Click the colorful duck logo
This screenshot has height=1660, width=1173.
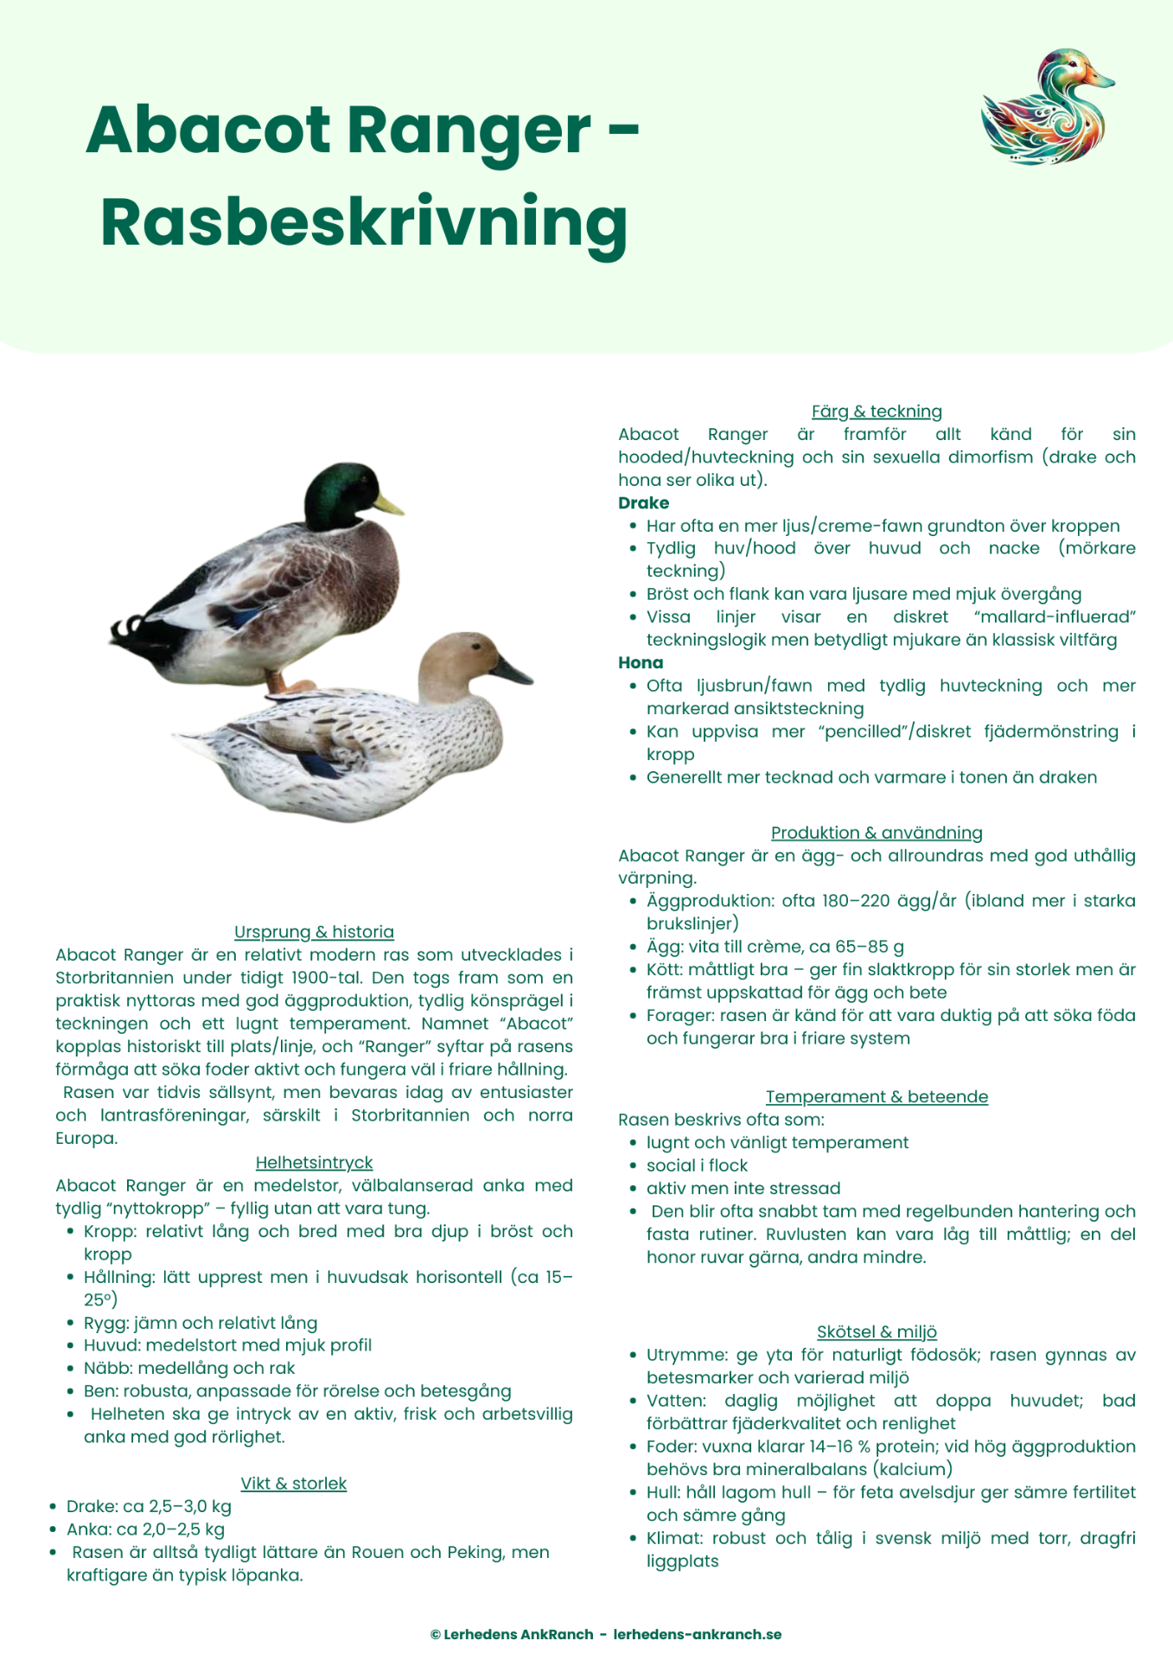click(1047, 107)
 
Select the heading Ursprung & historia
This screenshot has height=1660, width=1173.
click(314, 932)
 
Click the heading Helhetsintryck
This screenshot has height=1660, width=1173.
click(314, 1163)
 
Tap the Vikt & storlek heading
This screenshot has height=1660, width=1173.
click(293, 1484)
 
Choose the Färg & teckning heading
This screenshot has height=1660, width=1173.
click(877, 412)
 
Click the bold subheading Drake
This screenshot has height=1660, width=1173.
click(643, 503)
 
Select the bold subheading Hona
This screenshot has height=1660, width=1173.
click(641, 663)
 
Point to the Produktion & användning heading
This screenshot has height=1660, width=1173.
click(877, 833)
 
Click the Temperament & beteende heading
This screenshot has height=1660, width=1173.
click(877, 1097)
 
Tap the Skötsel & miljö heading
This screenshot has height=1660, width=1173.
click(877, 1332)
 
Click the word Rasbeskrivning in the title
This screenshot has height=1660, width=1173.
click(364, 222)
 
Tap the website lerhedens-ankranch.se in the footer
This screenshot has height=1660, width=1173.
click(697, 1634)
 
